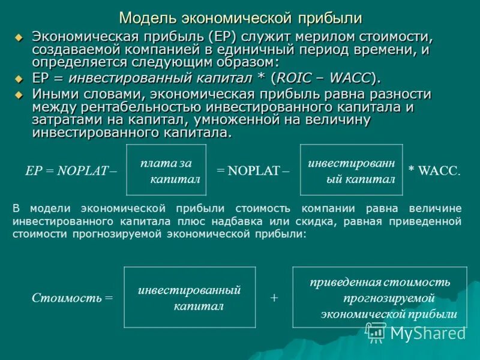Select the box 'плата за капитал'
[166, 170]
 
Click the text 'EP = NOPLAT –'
[71, 170]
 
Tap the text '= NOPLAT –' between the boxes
[253, 170]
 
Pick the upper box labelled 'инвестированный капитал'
[351, 170]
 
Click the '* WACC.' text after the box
[435, 170]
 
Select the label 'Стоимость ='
[72, 297]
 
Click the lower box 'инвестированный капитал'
[190, 297]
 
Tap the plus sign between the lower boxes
[274, 298]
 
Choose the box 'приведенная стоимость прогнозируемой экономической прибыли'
[380, 297]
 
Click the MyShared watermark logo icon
[376, 332]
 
